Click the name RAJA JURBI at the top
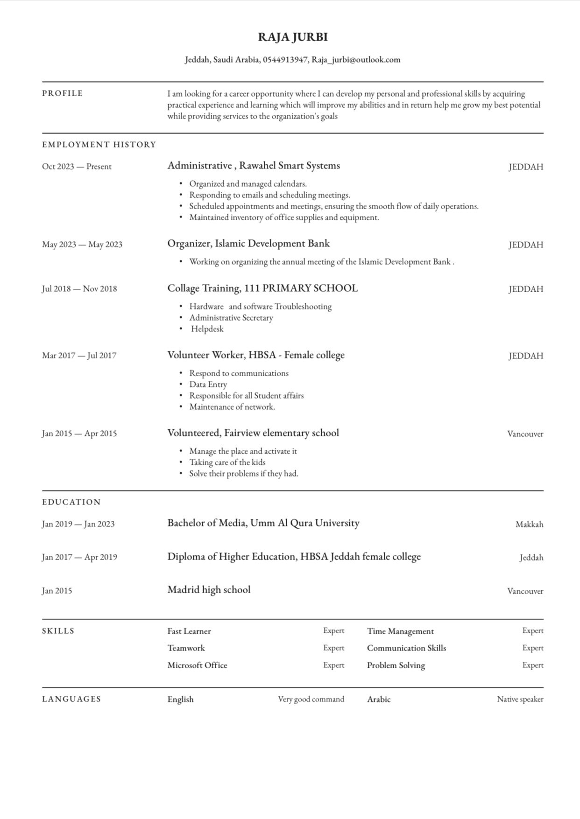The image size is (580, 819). [x=292, y=37]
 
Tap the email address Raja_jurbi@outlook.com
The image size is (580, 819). [x=356, y=60]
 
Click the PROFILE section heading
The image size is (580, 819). [x=62, y=93]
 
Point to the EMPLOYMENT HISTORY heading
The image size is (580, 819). [x=99, y=145]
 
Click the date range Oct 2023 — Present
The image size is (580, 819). [x=77, y=167]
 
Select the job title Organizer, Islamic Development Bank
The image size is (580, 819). [x=248, y=244]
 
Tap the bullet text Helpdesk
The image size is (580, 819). [x=207, y=329]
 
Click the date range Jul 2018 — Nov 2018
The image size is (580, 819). [x=79, y=289]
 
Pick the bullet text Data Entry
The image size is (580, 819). [x=208, y=385]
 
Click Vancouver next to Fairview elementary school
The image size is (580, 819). [x=525, y=434]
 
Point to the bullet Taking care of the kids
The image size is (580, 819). [x=227, y=462]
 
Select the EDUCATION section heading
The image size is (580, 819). [x=71, y=502]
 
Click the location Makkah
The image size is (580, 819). [x=529, y=525]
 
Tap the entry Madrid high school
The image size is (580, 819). [x=209, y=590]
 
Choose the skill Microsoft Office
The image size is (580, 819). [x=197, y=665]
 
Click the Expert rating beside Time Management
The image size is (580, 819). [x=532, y=631]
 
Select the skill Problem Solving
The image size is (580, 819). [x=396, y=665]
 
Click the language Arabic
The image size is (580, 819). [x=378, y=700]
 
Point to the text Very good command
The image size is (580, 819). [x=311, y=700]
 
